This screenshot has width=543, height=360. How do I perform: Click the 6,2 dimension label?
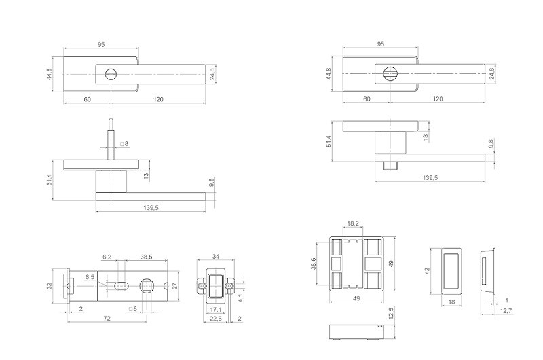107,257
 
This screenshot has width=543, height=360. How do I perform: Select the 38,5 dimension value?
147,257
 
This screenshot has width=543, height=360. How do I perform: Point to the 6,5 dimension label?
90,277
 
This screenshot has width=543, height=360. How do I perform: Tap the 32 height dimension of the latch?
50,286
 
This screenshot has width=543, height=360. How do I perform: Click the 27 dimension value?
175,286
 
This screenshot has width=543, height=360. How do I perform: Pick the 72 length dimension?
107,318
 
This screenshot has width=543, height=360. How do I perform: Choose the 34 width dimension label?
216,257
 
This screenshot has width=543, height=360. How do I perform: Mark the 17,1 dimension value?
216,309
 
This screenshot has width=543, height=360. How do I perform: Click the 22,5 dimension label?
215,319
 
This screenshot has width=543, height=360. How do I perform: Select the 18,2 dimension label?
353,223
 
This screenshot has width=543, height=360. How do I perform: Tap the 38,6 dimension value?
314,264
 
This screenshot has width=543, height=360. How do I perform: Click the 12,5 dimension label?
392,313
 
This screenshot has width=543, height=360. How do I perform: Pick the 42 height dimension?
427,270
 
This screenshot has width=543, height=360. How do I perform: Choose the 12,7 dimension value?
506,311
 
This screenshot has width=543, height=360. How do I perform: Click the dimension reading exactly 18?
451,302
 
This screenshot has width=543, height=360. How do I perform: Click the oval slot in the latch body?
121,286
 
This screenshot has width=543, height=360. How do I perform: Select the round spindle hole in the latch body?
147,286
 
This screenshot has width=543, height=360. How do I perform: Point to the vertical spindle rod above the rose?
111,139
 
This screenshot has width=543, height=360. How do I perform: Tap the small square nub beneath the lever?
390,166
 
